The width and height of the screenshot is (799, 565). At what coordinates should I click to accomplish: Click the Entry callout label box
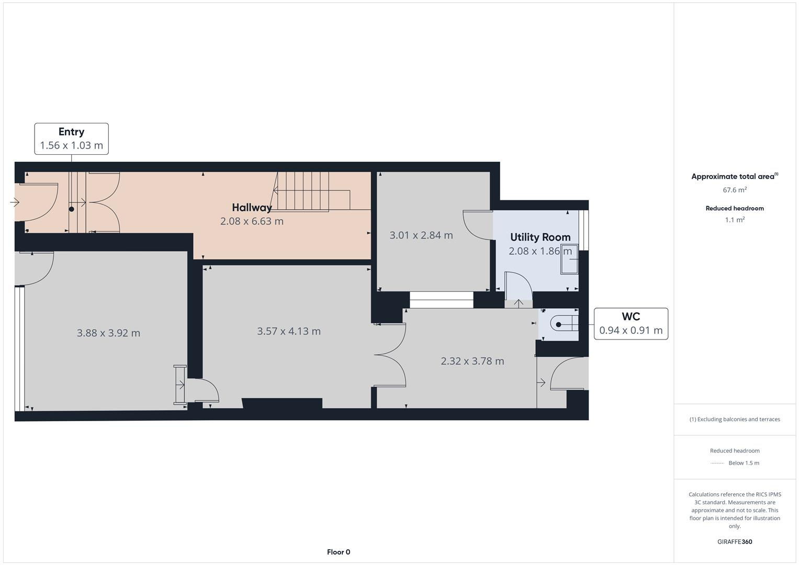click(71, 139)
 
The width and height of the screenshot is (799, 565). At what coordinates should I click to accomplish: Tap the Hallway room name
click(252, 208)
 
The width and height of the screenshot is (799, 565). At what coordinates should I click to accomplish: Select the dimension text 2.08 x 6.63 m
click(252, 221)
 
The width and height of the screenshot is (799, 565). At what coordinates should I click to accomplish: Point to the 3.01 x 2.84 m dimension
click(421, 235)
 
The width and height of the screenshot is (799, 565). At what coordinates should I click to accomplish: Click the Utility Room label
click(540, 237)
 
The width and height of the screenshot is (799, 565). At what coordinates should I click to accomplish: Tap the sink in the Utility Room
click(569, 259)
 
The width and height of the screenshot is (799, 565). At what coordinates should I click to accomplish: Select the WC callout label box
click(631, 324)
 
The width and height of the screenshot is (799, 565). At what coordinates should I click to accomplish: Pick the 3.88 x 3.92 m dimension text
click(108, 333)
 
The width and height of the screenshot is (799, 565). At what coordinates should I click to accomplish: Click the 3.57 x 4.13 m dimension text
click(289, 331)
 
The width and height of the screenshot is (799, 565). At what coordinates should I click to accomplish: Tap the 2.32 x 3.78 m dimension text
click(472, 361)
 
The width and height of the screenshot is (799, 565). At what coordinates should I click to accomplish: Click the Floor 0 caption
click(338, 552)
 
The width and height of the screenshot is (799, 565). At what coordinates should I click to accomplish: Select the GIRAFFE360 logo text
click(734, 541)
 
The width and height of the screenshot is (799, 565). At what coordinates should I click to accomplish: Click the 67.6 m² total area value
click(734, 190)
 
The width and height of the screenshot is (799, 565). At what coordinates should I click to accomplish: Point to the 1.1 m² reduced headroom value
click(734, 220)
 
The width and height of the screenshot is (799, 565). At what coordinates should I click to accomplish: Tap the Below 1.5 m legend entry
click(743, 463)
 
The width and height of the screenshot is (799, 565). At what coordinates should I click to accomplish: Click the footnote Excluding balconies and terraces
click(734, 419)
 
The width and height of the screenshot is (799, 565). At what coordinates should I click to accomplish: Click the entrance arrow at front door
click(15, 202)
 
